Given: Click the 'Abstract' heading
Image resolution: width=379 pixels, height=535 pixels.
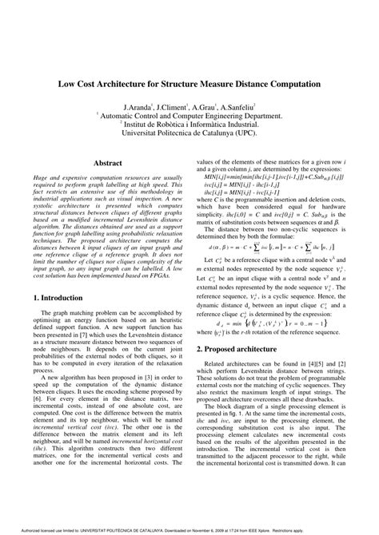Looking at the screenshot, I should pyautogui.click(x=108, y=163).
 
